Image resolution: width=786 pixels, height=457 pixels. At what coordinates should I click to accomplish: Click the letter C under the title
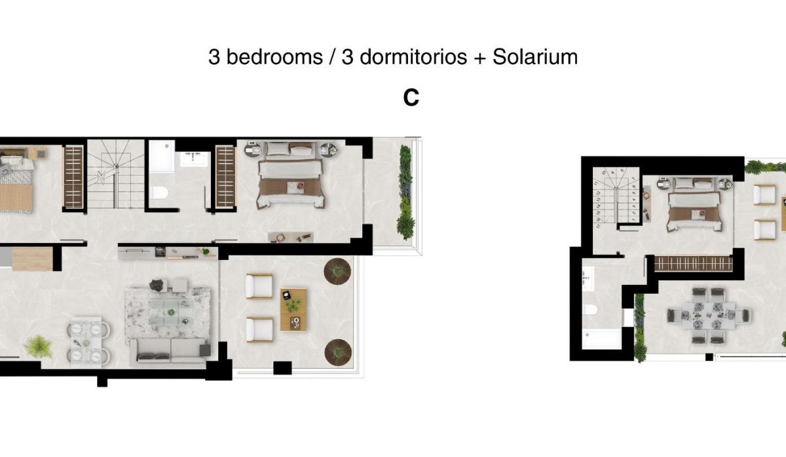click(411, 98)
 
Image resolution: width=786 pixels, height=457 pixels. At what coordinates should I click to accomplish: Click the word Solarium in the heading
click(535, 57)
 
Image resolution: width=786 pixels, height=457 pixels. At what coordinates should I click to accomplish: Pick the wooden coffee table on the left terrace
click(293, 309)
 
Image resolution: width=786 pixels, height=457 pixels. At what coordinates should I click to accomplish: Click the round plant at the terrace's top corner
click(337, 271)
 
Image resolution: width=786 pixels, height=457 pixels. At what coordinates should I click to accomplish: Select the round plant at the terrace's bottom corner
click(337, 351)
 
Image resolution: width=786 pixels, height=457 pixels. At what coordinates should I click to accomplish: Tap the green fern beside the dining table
click(39, 346)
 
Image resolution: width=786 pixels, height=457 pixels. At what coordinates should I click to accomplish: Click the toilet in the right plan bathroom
click(591, 310)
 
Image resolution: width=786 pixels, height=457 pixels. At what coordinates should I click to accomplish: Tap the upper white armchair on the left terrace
click(259, 286)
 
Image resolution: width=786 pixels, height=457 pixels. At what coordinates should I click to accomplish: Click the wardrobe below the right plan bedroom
click(693, 263)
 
